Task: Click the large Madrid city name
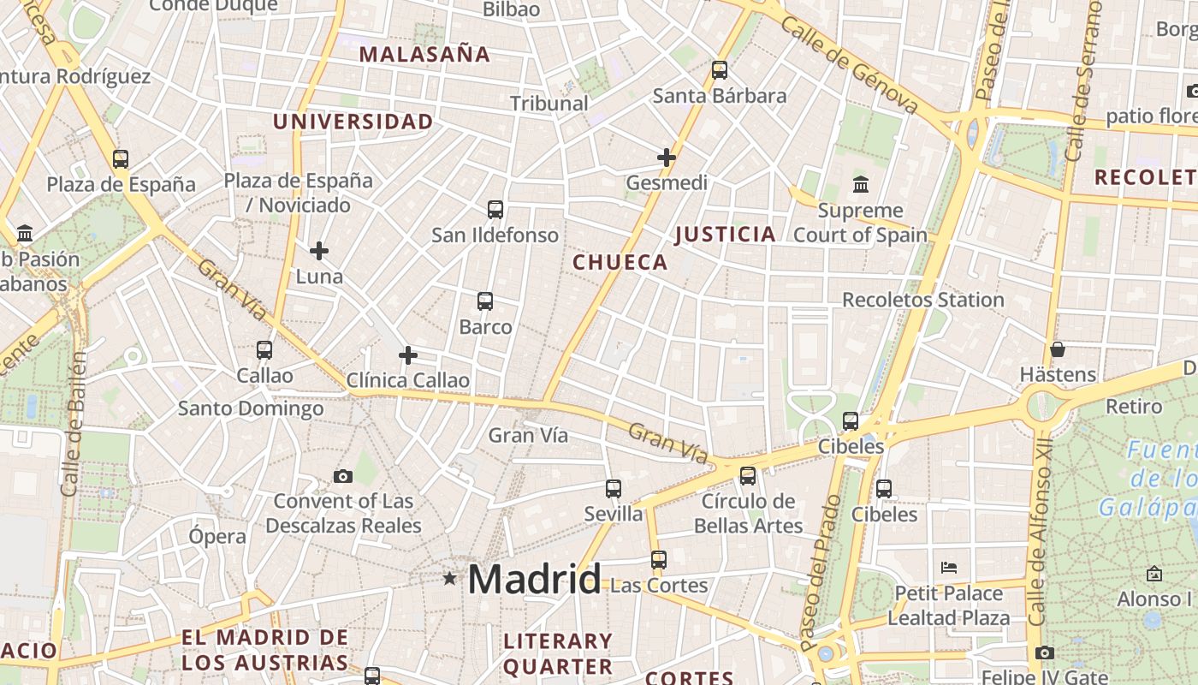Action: tap(534, 580)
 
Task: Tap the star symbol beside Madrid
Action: tap(450, 579)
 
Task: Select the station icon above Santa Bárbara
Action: tap(720, 70)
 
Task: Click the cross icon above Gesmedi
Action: tap(667, 158)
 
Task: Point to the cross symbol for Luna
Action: tap(319, 251)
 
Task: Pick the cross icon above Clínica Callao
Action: tap(408, 355)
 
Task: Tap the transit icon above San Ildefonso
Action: tap(495, 209)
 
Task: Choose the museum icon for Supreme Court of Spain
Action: tap(861, 184)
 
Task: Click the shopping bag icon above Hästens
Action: tap(1058, 349)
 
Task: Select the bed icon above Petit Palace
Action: tap(948, 567)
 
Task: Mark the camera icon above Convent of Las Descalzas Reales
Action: tap(343, 476)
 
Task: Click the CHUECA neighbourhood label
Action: tap(620, 262)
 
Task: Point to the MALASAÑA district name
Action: tap(424, 55)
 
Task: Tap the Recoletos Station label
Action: tap(923, 300)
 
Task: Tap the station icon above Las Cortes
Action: tap(658, 560)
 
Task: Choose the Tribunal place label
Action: tap(549, 104)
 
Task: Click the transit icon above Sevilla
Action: tap(614, 489)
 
